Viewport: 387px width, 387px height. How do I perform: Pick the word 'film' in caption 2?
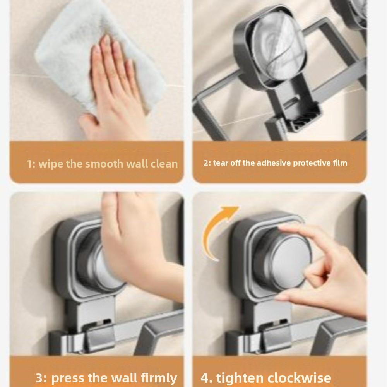point(339,163)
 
